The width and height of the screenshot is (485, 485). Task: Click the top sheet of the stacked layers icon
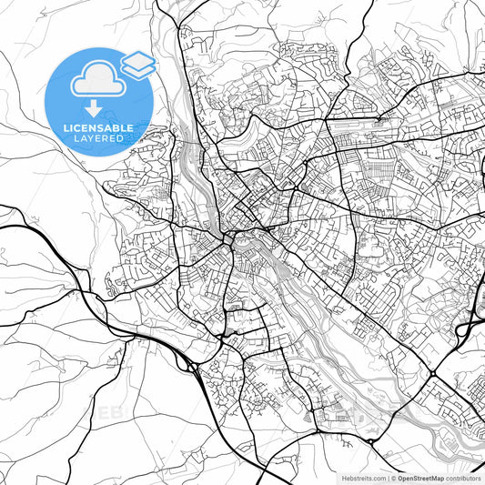pyautogui.click(x=138, y=60)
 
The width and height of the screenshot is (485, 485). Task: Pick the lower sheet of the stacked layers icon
pyautogui.click(x=138, y=69)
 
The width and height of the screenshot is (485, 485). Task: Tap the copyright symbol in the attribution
pyautogui.click(x=392, y=478)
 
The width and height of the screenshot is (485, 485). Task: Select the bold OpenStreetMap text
pyautogui.click(x=419, y=478)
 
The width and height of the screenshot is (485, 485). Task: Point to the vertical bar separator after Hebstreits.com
pyautogui.click(x=387, y=478)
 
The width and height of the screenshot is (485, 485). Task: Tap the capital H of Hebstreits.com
pyautogui.click(x=344, y=478)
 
